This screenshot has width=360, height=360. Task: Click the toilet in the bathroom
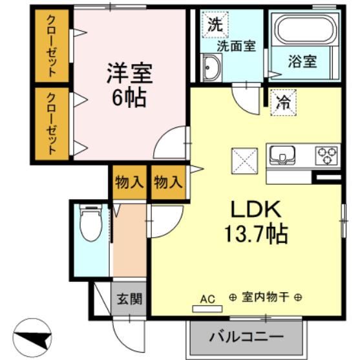click(90, 223)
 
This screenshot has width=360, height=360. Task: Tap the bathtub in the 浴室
click(305, 29)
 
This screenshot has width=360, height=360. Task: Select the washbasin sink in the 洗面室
click(211, 68)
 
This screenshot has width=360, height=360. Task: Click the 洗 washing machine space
click(215, 25)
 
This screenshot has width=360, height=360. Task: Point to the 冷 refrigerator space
click(284, 102)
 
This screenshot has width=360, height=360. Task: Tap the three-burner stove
click(326, 155)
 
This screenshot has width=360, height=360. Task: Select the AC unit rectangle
click(207, 309)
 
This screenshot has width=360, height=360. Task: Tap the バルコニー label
click(246, 337)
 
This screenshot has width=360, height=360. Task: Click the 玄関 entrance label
click(130, 299)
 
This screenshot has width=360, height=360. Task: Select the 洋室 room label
click(130, 73)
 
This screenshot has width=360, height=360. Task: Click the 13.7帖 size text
click(256, 234)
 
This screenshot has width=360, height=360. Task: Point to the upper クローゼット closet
click(52, 46)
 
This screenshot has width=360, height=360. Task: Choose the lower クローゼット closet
click(52, 123)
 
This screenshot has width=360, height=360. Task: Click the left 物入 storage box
click(129, 182)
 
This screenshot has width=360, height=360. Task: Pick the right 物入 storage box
click(168, 182)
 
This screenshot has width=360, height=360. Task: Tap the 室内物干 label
click(266, 297)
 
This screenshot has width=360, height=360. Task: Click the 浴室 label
click(302, 61)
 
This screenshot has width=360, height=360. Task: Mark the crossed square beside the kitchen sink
click(245, 161)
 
